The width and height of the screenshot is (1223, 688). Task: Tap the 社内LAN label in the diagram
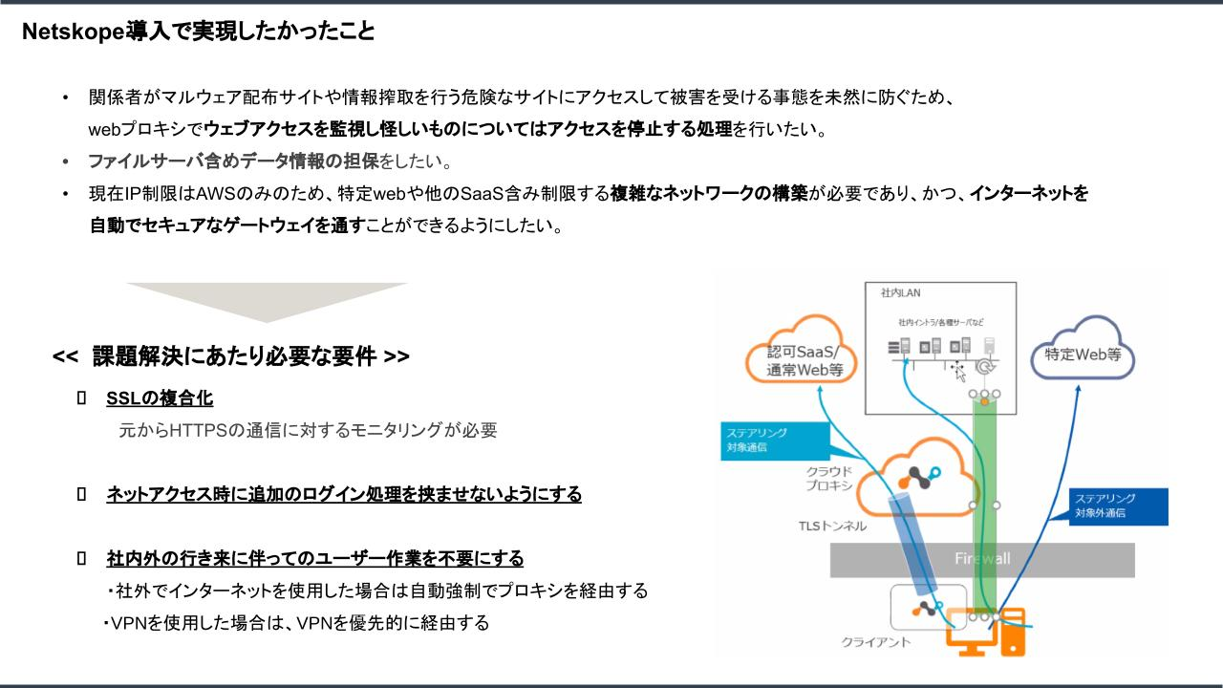pyautogui.click(x=895, y=292)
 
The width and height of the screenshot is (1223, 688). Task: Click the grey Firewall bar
pyautogui.click(x=981, y=559)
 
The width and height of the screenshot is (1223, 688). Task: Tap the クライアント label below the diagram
pyautogui.click(x=875, y=642)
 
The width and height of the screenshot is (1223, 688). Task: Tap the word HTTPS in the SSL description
pyautogui.click(x=197, y=430)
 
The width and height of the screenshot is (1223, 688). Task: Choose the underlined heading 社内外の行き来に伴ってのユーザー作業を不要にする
pyautogui.click(x=314, y=557)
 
